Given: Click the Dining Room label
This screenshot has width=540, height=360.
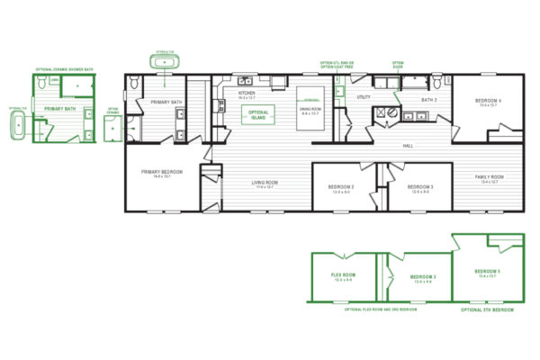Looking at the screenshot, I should pos(310,110).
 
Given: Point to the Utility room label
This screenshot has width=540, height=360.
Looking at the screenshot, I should pos(364,96).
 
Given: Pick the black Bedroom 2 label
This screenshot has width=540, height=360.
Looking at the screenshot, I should pos(341,187).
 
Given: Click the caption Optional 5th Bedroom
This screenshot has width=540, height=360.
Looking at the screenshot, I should pos(488,310).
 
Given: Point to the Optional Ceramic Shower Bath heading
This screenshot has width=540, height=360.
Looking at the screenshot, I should pos(64,69).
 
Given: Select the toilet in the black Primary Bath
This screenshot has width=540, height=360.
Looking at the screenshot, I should pos(134,84).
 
